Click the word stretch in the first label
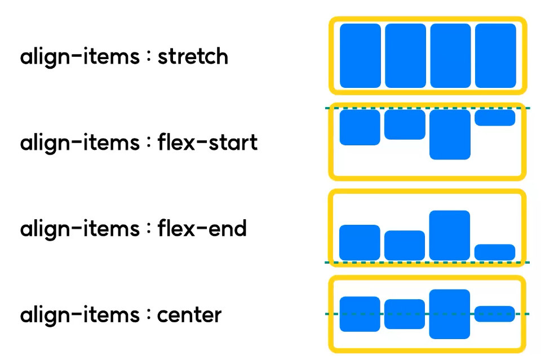pos(193,57)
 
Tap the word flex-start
pos(207,143)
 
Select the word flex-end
pos(202,229)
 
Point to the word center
pos(189,314)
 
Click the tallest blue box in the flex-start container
pos(450,134)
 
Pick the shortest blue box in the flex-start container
pos(495,118)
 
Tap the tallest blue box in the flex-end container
pos(450,235)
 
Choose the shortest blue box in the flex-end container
pos(495,252)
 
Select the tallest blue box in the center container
pos(450,314)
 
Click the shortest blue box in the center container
pos(495,314)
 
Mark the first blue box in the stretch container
pos(360,56)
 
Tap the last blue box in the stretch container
pos(495,56)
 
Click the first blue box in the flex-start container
pos(360,127)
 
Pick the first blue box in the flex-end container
pos(360,242)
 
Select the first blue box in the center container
pos(360,314)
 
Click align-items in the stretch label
pos(79,57)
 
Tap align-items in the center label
pos(79,314)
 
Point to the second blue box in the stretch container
pos(405,56)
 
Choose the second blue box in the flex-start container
pos(405,125)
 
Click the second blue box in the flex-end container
pos(405,245)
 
